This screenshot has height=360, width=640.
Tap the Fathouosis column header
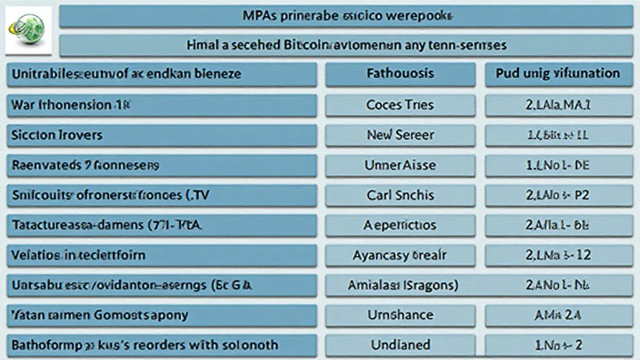click(x=400, y=74)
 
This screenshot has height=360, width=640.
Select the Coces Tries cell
click(x=400, y=104)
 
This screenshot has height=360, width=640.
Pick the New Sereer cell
click(x=400, y=134)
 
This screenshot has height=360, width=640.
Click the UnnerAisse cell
click(x=400, y=165)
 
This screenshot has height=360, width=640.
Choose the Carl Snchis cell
click(x=400, y=195)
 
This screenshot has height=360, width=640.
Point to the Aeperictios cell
click(x=400, y=225)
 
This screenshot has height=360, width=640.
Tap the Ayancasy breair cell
click(x=400, y=255)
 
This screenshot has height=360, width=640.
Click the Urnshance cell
click(x=400, y=315)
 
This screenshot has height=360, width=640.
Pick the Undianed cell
click(x=400, y=344)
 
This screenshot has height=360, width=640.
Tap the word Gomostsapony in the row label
click(x=141, y=315)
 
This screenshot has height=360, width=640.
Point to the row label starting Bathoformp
click(x=144, y=344)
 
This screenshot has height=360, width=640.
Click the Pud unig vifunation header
click(x=557, y=74)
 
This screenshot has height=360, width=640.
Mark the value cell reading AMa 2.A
click(x=557, y=315)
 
